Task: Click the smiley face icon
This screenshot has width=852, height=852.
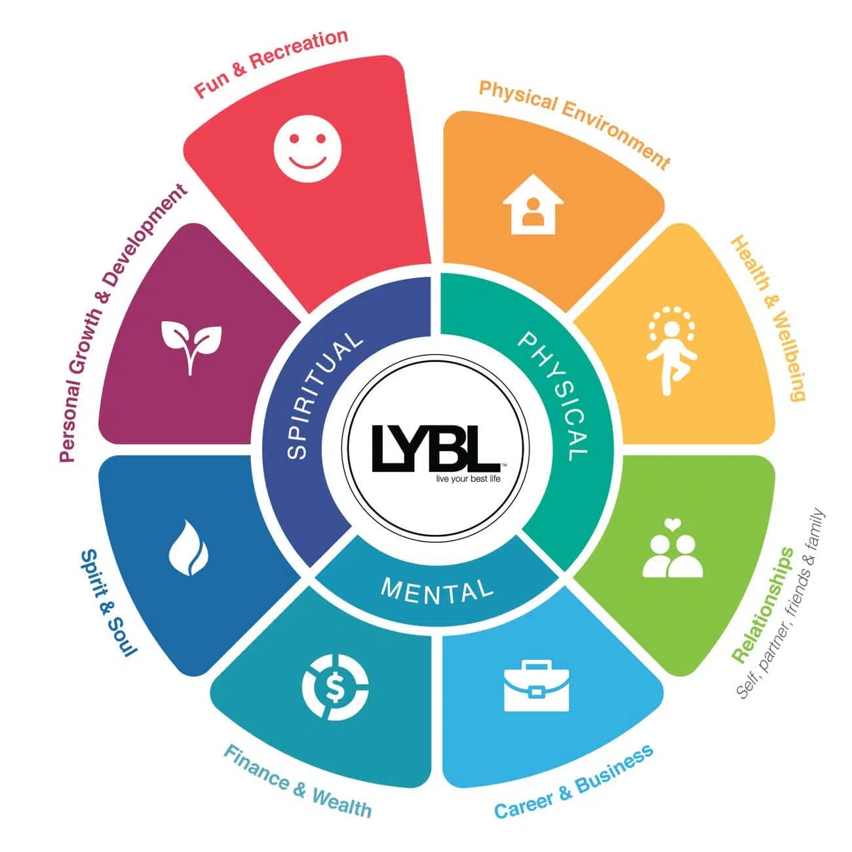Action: [307, 147]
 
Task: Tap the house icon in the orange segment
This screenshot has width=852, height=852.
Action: [533, 204]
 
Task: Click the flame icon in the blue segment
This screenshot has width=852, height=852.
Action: [189, 548]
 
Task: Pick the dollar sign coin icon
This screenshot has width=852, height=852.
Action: [335, 687]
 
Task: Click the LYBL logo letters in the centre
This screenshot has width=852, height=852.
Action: [436, 449]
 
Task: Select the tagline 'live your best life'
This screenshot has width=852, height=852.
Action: [468, 478]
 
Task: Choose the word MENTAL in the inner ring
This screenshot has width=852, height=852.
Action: [437, 591]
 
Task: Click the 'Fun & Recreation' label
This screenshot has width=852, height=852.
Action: [271, 63]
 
